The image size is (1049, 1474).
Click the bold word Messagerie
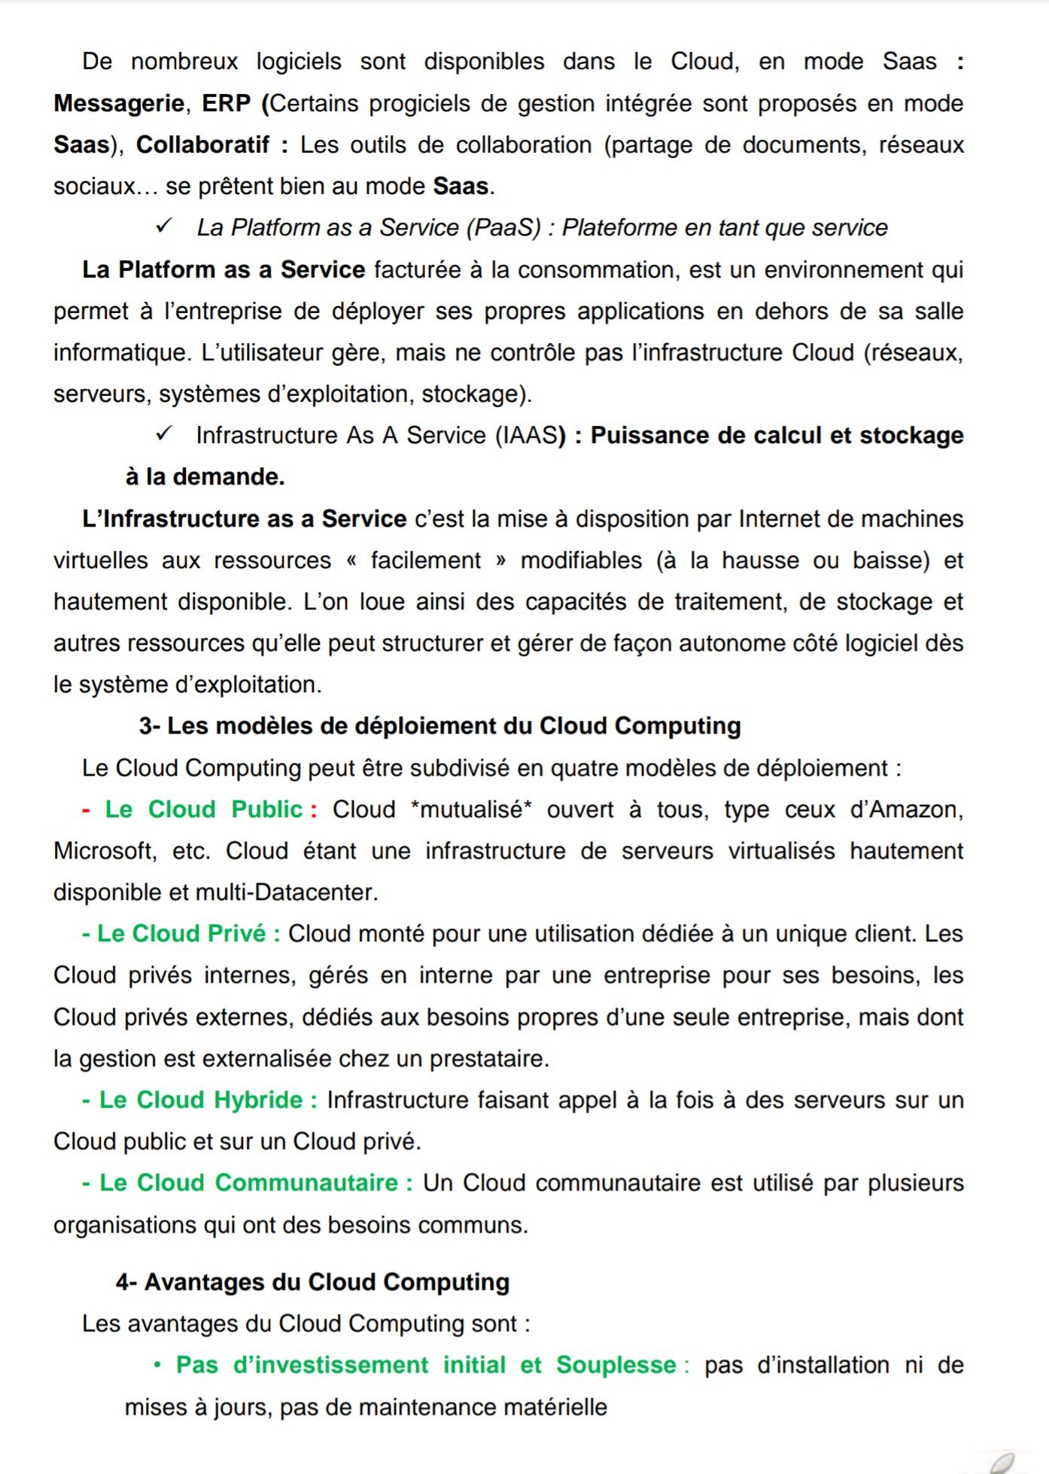(x=119, y=103)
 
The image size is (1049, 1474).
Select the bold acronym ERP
(x=226, y=103)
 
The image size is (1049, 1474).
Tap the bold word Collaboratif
(x=202, y=144)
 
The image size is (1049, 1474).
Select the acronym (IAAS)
(x=527, y=435)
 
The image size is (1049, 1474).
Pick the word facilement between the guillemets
(x=425, y=560)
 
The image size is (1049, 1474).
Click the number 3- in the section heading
(x=150, y=726)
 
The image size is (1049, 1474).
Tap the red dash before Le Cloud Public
(x=87, y=810)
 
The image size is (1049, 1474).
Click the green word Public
(x=266, y=809)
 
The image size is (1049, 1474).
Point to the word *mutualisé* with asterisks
(x=471, y=809)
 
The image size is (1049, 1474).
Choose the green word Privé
(x=236, y=934)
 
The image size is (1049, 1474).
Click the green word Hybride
(x=258, y=1100)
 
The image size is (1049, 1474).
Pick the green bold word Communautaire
(x=306, y=1183)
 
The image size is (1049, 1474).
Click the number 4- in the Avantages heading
(x=126, y=1282)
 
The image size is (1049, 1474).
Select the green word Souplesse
(x=616, y=1365)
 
